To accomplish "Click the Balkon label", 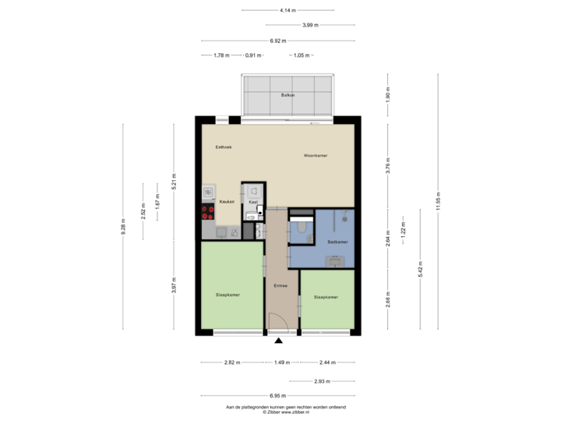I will click(x=288, y=95).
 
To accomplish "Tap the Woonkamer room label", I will click(x=316, y=156).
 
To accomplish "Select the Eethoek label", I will click(x=224, y=147).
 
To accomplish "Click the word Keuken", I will click(x=227, y=202).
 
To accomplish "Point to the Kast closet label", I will click(x=252, y=202).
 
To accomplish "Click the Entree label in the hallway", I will click(x=280, y=285).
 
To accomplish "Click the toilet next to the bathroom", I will click(x=302, y=228).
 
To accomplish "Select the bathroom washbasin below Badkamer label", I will click(x=336, y=261).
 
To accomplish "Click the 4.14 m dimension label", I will click(x=288, y=10).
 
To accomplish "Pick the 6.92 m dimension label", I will click(x=277, y=41).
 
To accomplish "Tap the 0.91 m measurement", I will click(x=252, y=55).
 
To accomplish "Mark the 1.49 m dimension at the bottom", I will click(x=281, y=363).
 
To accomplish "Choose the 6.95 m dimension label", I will click(x=277, y=395).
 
